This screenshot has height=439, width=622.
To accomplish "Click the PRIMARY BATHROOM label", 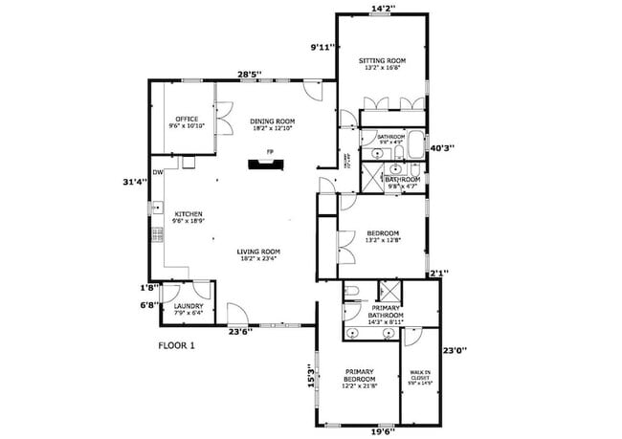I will click(387, 311).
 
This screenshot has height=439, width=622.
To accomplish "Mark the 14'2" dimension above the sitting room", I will click(382, 9).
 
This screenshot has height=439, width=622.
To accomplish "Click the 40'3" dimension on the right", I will click(442, 148).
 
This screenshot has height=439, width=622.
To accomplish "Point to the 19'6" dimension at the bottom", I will click(382, 431).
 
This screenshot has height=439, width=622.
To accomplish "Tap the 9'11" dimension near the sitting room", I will click(322, 46).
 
